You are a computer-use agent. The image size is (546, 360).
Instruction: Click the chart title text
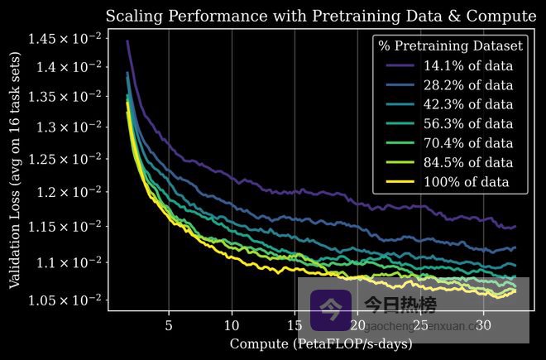tap(320, 17)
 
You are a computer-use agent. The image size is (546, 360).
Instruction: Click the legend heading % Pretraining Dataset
tap(450, 46)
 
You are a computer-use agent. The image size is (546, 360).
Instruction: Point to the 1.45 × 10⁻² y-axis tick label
tap(65, 38)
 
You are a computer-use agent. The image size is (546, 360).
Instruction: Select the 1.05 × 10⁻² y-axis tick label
tap(65, 299)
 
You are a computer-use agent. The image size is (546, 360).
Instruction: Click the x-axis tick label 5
tap(169, 324)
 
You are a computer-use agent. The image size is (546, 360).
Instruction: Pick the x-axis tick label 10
tap(232, 324)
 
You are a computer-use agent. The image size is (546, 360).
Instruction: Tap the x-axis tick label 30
tap(483, 324)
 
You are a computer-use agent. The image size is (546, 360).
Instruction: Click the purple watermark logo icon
tap(331, 310)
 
